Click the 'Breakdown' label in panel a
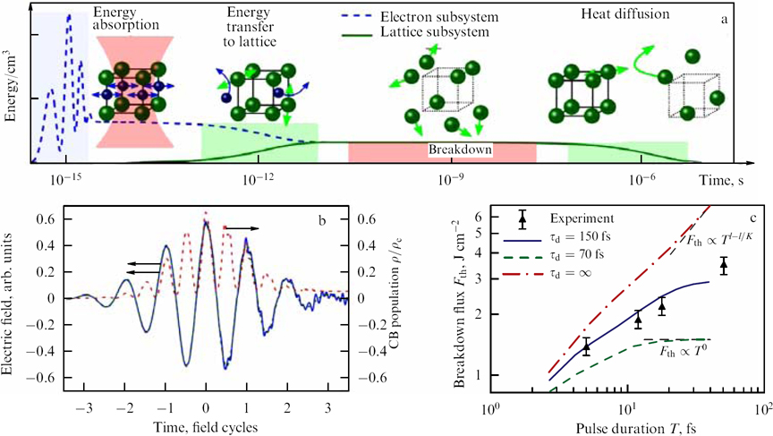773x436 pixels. (x=460, y=150)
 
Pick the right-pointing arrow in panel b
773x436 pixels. (x=243, y=228)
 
